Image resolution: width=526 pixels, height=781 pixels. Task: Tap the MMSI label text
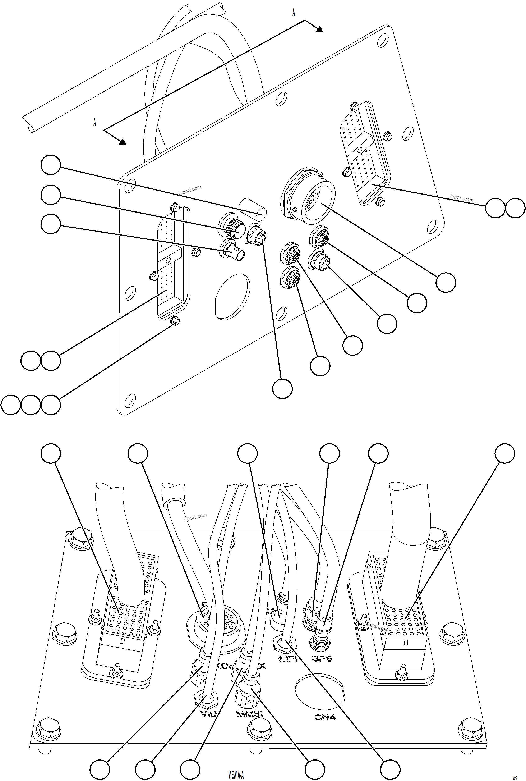(x=250, y=713)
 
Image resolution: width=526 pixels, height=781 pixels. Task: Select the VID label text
(x=209, y=713)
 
